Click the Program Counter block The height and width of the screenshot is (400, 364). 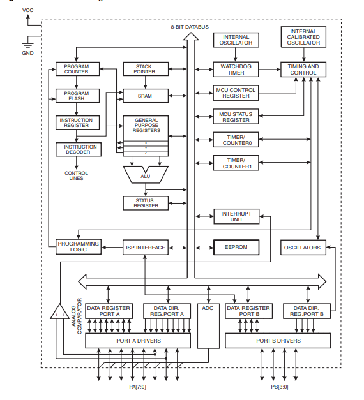tap(77, 69)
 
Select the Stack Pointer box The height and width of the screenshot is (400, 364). tap(146, 69)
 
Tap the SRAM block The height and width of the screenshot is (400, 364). tap(146, 96)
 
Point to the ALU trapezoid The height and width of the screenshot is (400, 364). tap(146, 175)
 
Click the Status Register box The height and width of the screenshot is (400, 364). tap(146, 203)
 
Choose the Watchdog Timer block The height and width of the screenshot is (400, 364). tap(236, 70)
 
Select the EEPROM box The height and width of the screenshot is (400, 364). tap(236, 247)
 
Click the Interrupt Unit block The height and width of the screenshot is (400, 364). tap(236, 216)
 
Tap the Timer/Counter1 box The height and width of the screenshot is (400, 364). tap(236, 163)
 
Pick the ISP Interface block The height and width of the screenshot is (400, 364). tap(146, 247)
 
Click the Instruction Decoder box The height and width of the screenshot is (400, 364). tap(79, 149)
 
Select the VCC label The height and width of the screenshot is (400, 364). tap(27, 10)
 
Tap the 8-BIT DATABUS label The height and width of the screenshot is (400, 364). tap(190, 27)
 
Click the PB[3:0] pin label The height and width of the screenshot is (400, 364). tap(280, 387)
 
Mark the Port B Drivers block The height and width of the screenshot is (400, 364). tap(278, 341)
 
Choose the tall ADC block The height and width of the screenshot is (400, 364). tap(208, 326)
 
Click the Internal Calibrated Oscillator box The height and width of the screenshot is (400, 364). tap(303, 37)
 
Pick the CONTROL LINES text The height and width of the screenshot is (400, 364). tap(77, 175)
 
